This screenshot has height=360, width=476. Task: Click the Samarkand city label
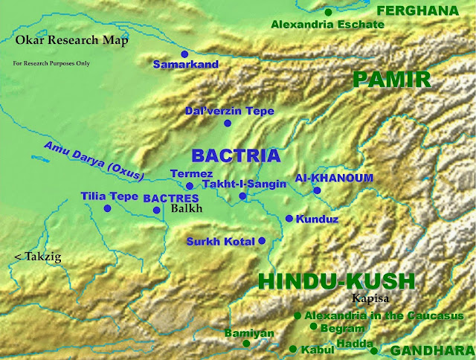point(185,65)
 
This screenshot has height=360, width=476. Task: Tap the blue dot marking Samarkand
point(184,54)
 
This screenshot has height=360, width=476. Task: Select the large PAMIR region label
point(392,80)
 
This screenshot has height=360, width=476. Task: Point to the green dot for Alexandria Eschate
point(328,12)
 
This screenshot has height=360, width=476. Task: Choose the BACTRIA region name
point(237,155)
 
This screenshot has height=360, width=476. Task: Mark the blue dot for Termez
point(190,186)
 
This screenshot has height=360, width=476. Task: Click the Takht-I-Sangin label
point(245,184)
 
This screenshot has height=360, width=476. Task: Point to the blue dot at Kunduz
point(289,219)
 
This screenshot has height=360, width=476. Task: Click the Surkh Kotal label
point(221,242)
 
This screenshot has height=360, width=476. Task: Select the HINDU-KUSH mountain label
point(335,282)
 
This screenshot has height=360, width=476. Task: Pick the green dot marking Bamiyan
point(246,344)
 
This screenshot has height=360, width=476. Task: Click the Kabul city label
point(318,349)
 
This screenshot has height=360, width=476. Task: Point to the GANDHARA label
point(432,350)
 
